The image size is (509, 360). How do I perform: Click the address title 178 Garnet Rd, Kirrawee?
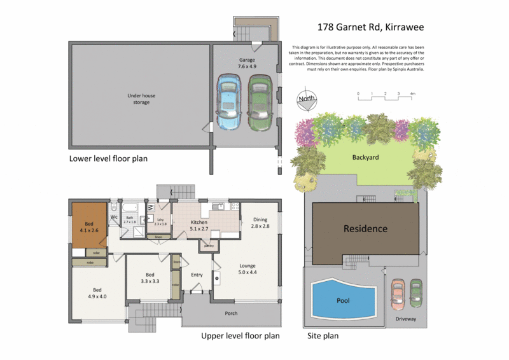click(x=370, y=27)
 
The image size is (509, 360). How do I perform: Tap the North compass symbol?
click(x=307, y=99)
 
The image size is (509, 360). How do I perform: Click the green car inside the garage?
click(x=259, y=101)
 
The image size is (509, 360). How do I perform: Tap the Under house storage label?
click(x=141, y=99)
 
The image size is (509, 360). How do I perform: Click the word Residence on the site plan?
click(x=365, y=228)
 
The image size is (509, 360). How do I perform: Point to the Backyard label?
click(x=366, y=156)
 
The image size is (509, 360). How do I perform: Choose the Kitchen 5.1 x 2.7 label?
click(x=200, y=225)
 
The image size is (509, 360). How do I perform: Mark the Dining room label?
click(x=260, y=222)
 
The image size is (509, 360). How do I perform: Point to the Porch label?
click(x=231, y=313)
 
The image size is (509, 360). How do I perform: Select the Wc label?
click(x=114, y=218)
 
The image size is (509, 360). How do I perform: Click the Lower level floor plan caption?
click(x=108, y=158)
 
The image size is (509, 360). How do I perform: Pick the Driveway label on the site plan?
click(x=405, y=319)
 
